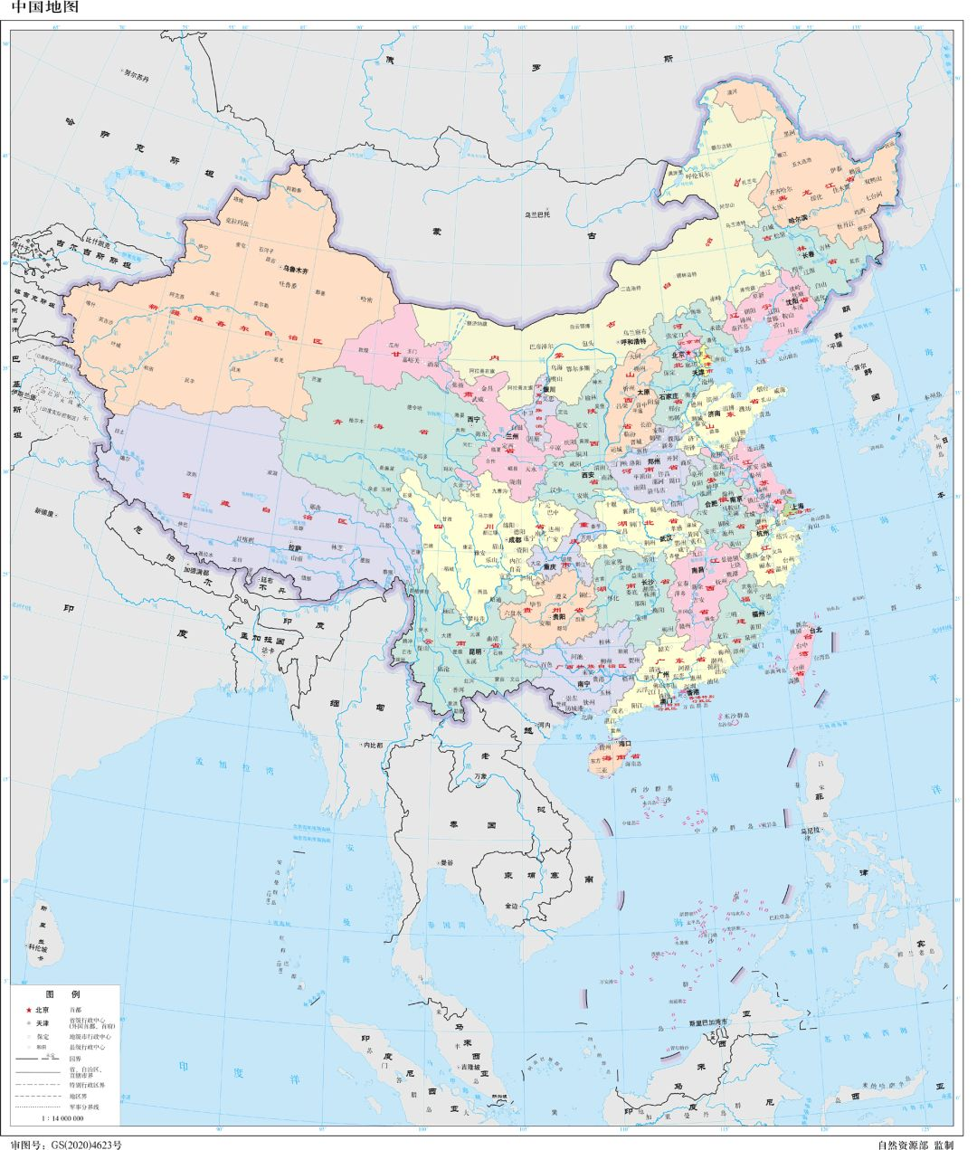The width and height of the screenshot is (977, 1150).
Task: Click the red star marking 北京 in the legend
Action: pos(28,1010)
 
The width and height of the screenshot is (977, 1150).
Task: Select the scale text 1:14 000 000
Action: pos(62,1119)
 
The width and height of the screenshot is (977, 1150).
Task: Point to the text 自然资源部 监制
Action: pos(915,1144)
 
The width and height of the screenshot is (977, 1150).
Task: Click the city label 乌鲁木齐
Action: pos(295,270)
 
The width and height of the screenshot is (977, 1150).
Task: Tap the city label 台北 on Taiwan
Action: pos(815,630)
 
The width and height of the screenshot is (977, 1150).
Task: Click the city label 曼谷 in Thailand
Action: pos(447,862)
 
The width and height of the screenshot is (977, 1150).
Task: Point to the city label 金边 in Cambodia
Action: pos(513,906)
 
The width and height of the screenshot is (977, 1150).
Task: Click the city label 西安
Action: pos(589,474)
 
